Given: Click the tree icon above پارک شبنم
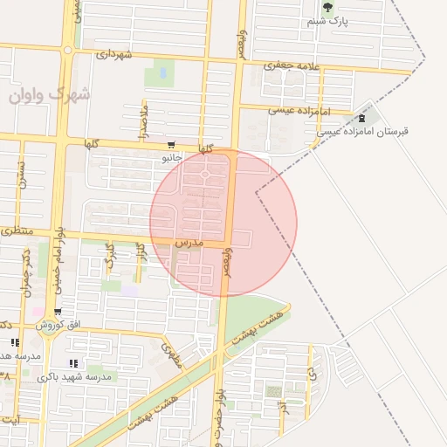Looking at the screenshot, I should (x=328, y=8).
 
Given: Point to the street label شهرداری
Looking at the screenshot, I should (x=113, y=54).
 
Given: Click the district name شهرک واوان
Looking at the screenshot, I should (x=50, y=93).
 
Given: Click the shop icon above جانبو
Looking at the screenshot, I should (x=169, y=146).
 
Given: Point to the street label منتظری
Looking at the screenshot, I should (x=17, y=231).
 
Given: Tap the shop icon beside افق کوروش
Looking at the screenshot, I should (x=57, y=312).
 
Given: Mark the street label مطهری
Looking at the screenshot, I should (x=172, y=353).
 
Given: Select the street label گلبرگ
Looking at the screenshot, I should (x=110, y=255).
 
